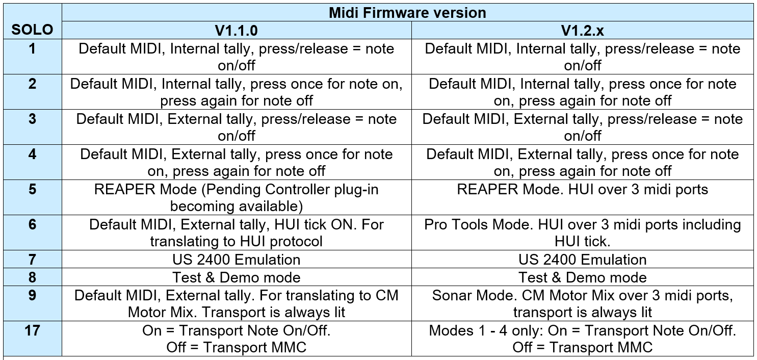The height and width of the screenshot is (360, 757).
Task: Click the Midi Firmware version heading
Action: (x=407, y=13)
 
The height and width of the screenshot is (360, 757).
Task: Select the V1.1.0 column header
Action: (x=236, y=31)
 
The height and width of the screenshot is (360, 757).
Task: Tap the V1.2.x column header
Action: (x=582, y=31)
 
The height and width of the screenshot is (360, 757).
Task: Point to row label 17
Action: (x=33, y=330)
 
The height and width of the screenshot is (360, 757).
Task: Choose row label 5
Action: (x=33, y=189)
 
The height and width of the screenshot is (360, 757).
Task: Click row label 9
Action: (x=33, y=295)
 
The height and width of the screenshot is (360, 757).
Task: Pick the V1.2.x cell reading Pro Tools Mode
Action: (x=582, y=233)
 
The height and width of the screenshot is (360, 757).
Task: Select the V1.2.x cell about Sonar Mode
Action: (x=582, y=303)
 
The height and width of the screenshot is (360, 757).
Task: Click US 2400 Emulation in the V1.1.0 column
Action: (x=236, y=260)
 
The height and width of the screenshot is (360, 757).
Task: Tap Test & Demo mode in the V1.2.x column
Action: (x=582, y=277)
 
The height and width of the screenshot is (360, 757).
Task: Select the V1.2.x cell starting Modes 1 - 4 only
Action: (x=582, y=339)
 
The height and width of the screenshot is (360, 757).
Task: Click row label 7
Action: (x=33, y=260)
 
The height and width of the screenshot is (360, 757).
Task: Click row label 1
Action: (x=33, y=48)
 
